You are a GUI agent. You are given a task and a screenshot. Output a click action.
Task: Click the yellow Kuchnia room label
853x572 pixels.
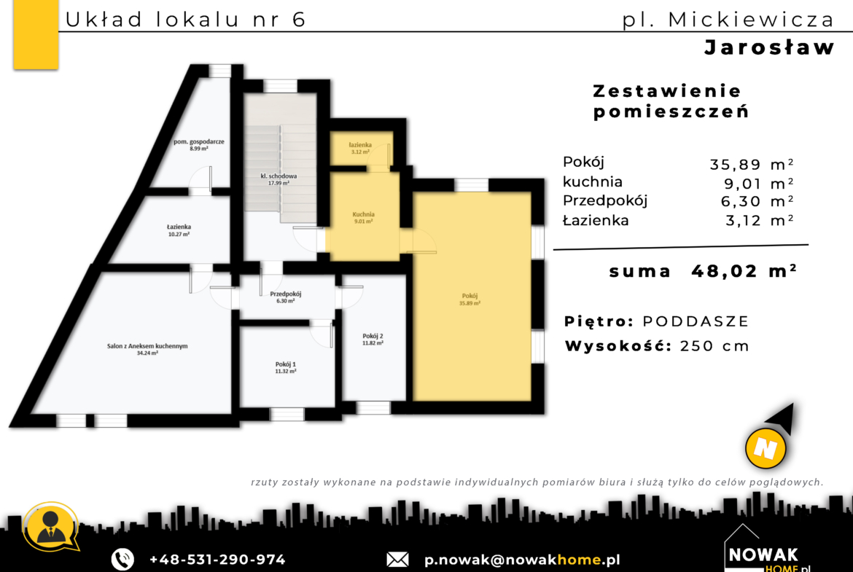point(363,217)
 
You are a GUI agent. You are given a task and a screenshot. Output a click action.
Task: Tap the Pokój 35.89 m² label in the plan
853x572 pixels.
point(470,299)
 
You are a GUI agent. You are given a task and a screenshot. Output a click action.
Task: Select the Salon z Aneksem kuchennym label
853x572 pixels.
point(147,349)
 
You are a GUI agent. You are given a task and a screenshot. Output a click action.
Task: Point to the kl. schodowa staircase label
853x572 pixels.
point(279,179)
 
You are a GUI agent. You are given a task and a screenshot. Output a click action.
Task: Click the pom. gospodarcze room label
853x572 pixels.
point(198,144)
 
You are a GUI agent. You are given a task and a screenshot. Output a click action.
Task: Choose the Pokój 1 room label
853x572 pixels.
point(286,367)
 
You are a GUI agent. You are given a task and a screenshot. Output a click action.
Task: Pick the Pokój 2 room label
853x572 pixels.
point(373,340)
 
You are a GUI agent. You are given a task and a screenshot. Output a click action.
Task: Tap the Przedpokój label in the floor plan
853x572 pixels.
point(286,297)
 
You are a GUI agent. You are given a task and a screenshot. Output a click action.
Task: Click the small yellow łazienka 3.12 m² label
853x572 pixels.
point(360,148)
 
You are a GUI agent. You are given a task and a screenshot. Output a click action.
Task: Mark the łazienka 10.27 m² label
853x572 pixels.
point(179,230)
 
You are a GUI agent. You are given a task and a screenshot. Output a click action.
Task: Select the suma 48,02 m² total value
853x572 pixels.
point(744,270)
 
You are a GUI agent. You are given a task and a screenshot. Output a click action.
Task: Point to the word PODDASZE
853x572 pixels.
point(696,321)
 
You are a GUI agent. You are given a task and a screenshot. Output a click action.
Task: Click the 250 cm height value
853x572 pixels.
point(714,346)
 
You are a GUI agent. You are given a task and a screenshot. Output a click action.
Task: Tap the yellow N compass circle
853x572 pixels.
point(766,449)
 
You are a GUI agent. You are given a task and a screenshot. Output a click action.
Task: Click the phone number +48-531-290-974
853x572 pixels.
point(217,560)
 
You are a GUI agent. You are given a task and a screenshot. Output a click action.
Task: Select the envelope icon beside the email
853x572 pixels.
point(397,560)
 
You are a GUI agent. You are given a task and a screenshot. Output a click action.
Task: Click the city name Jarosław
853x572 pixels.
point(769,47)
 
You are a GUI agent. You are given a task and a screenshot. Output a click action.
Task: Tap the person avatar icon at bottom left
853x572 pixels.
point(50,526)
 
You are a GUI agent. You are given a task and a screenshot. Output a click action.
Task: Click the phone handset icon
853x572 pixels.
point(122,559)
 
